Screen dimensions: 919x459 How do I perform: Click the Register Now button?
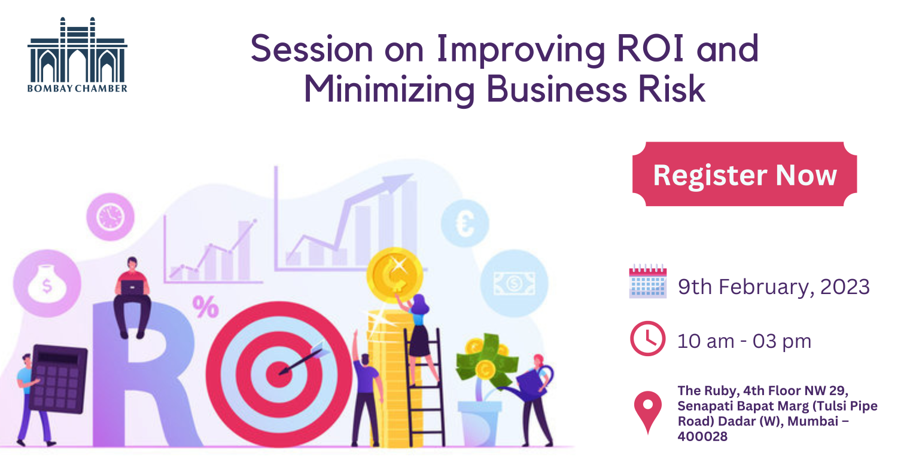[745, 174]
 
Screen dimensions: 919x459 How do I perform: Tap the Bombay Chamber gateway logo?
[77, 55]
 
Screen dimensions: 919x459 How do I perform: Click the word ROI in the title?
[650, 49]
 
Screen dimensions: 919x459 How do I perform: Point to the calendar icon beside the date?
[648, 281]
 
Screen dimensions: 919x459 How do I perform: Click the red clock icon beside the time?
[648, 338]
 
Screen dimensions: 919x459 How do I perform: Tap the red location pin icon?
[648, 412]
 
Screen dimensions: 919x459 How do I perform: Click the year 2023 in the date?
[845, 287]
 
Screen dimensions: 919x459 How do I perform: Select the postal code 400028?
[702, 436]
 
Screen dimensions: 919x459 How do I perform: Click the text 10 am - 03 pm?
[744, 341]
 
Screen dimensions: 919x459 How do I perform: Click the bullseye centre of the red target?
[279, 374]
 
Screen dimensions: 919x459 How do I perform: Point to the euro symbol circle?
[465, 224]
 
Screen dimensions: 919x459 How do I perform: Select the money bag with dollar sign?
[47, 284]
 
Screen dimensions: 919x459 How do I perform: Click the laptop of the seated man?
[132, 287]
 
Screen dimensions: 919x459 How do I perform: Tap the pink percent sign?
[205, 307]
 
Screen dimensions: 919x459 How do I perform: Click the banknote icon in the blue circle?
[514, 283]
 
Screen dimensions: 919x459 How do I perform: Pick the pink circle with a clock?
[110, 217]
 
